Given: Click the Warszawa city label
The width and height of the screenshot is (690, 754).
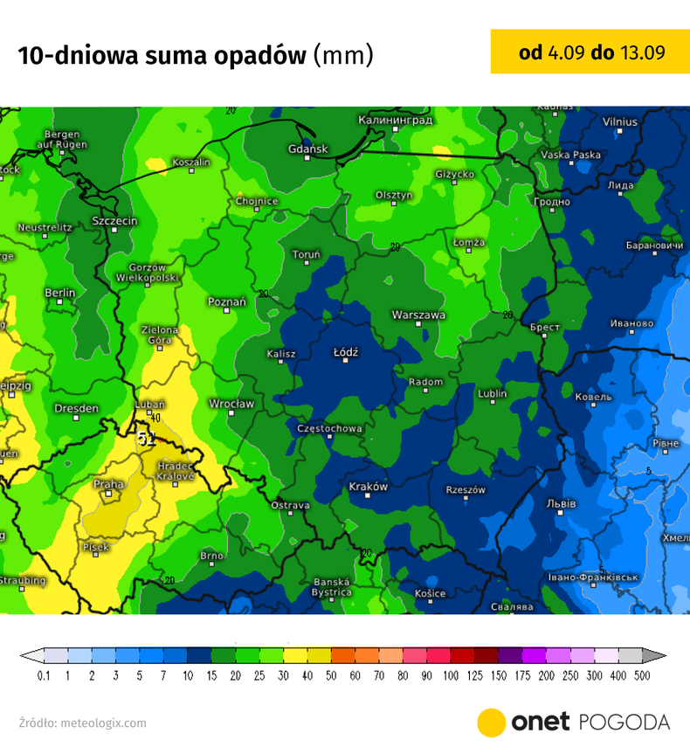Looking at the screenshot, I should pos(418,315).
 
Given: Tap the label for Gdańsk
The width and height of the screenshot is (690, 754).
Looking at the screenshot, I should pos(307,149).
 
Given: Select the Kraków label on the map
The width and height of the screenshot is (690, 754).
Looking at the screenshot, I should pos(368,486).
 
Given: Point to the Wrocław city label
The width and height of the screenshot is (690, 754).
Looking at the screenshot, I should pos(231,404).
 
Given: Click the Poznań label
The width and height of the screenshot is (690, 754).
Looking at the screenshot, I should pos(226,301).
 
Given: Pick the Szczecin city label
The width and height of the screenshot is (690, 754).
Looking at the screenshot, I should pos(114,221).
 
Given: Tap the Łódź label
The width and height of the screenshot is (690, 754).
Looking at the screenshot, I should pos(347,352).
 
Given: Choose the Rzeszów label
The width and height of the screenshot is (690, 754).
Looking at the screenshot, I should pos(465,490).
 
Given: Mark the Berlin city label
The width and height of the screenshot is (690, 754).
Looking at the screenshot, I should pos(60,293).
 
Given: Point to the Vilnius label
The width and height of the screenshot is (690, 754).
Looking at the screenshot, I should pos(619,121).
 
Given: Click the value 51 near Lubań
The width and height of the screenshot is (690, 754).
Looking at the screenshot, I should pos(146,439).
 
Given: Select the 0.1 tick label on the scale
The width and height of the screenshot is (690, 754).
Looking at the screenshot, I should pos(44,676).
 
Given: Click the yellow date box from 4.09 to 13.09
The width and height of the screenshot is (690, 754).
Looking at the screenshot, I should pos(590,52).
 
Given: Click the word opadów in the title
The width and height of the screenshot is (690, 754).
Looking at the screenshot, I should pos(259,55).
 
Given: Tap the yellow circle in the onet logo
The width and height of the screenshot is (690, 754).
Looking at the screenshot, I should pos(492,723).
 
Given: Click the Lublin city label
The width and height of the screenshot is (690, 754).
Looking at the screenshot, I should pos(493,394).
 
